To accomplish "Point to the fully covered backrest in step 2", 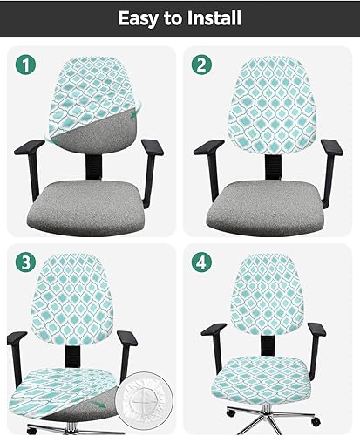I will point(267,105).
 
